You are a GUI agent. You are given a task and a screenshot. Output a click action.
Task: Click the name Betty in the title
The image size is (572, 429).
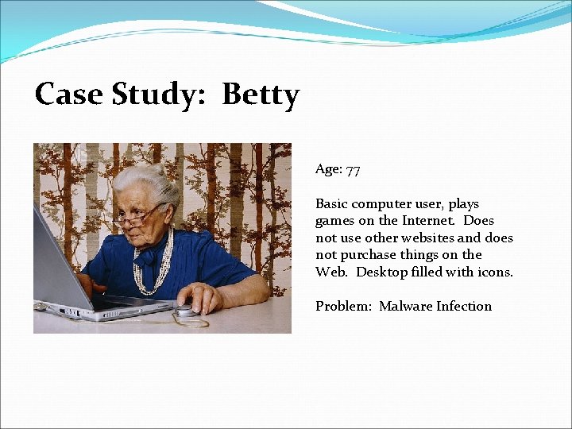click(261, 95)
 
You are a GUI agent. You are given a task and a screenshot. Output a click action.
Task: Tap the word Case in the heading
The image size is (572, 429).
click(69, 95)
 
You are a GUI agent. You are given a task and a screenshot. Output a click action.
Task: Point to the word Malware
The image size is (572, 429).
click(405, 306)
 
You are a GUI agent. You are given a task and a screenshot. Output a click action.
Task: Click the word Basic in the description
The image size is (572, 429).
click(331, 204)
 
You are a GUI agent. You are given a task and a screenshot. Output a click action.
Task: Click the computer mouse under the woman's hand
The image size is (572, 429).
click(187, 311)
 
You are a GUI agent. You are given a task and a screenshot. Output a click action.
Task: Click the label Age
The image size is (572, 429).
click(327, 169)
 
